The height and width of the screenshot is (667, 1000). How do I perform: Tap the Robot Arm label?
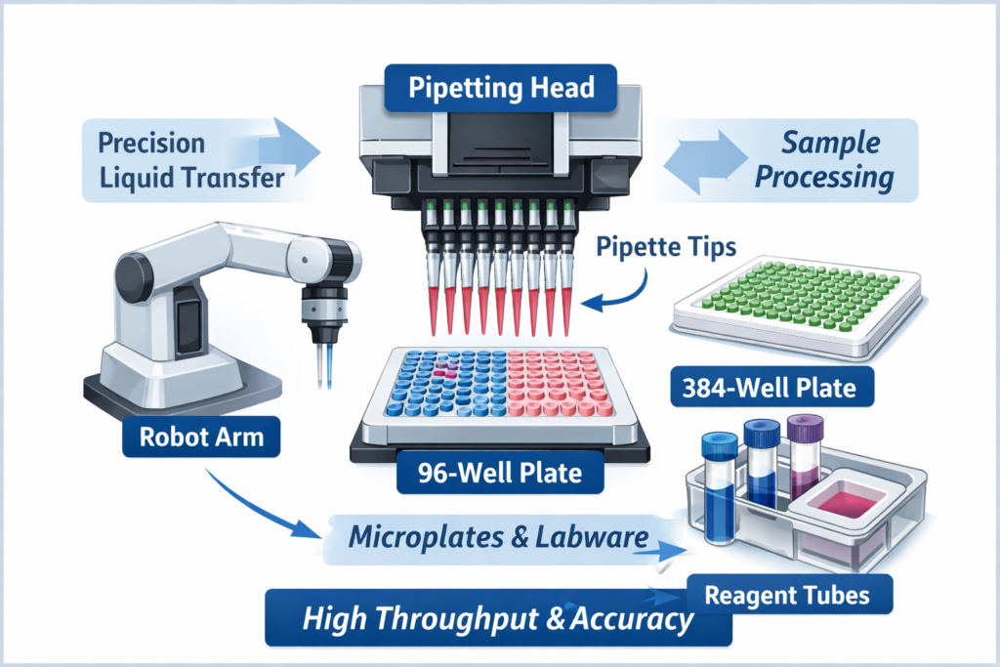tap(201, 436)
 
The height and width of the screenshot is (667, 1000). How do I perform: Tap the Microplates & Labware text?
tap(498, 536)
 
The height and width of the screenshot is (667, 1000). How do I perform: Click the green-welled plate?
tap(796, 298)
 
